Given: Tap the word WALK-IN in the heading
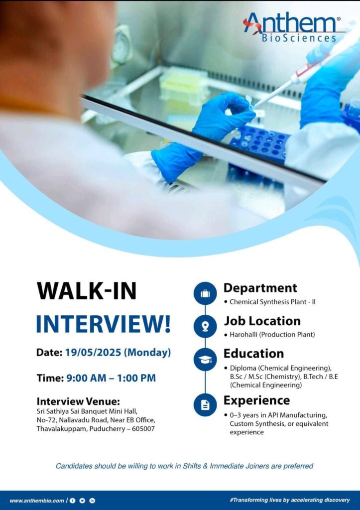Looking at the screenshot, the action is click(x=87, y=291).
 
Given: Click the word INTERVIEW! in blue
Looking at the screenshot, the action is click(x=104, y=324).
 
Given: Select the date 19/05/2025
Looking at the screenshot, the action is click(x=93, y=352).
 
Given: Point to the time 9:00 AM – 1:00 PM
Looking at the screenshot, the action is click(x=111, y=378).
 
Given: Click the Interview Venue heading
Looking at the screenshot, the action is click(x=78, y=401).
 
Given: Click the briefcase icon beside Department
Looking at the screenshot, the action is click(x=205, y=294).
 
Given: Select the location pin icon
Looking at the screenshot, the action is click(x=205, y=326).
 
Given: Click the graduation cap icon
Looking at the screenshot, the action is click(x=205, y=360).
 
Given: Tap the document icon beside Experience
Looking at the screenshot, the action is click(x=205, y=405).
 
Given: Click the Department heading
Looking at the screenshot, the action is click(x=260, y=288).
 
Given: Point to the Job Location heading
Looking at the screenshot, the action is click(x=262, y=321).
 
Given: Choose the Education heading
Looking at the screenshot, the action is click(x=253, y=354).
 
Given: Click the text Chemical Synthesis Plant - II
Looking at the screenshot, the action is click(x=272, y=302).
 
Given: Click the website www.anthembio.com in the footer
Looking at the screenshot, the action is click(x=37, y=501).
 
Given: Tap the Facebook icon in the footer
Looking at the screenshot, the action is click(x=73, y=501).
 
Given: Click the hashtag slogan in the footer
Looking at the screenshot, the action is click(x=290, y=500).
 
